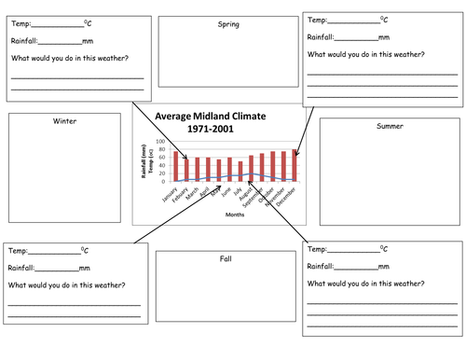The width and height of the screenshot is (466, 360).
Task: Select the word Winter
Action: pos(64,121)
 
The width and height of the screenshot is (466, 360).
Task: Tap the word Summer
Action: pos(391,126)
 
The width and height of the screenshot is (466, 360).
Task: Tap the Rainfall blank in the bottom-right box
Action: pos(359,267)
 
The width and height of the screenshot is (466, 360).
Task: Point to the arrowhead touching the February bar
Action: pos(185,158)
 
